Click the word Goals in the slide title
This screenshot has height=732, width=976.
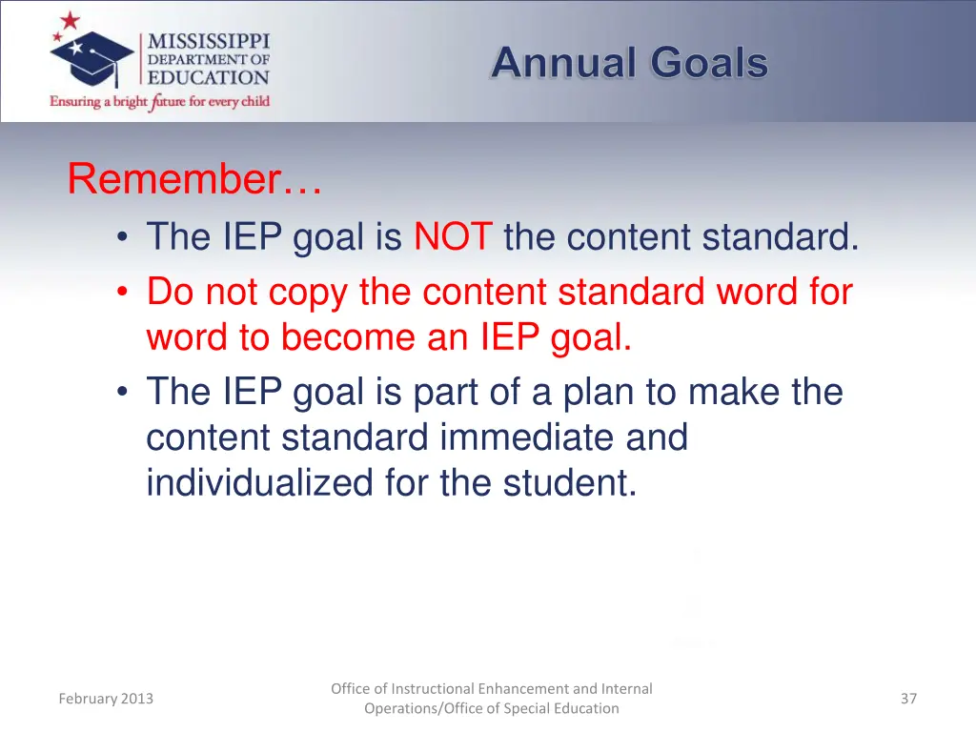[709, 64]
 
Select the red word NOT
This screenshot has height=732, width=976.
[453, 236]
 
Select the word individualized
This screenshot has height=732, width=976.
[260, 483]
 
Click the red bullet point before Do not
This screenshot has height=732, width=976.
[123, 293]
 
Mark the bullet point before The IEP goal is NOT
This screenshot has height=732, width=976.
[123, 237]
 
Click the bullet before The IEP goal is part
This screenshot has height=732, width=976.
[123, 393]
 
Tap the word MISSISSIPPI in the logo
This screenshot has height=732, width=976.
[208, 42]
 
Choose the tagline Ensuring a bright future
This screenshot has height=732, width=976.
[159, 101]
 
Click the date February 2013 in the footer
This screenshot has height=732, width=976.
[105, 699]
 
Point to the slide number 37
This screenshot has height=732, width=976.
[908, 699]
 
